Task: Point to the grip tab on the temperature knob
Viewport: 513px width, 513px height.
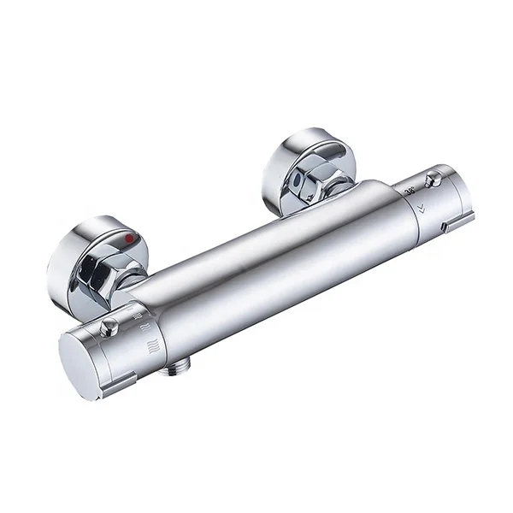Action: click(458, 223)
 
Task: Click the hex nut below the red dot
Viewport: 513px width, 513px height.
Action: click(99, 277)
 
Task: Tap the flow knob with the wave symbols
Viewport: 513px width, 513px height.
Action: click(107, 351)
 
